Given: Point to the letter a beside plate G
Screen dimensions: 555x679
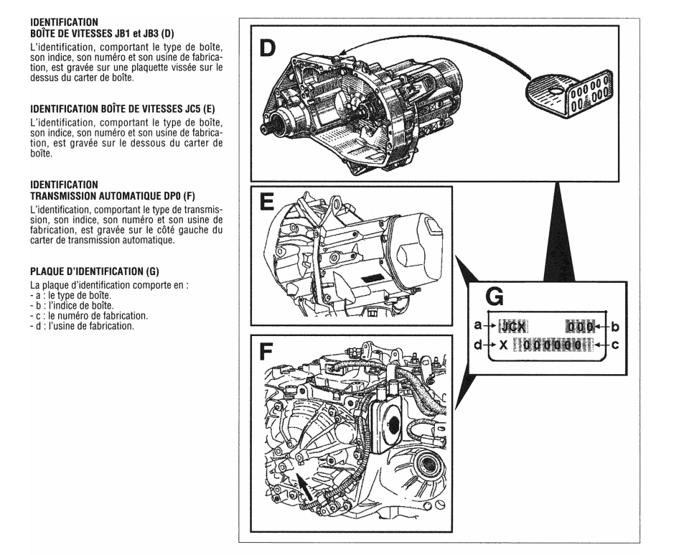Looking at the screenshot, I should (478, 326).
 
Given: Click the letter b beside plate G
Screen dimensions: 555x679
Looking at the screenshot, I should (614, 326).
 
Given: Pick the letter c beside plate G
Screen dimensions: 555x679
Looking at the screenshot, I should (614, 344).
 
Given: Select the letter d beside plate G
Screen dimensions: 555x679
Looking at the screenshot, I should (478, 344).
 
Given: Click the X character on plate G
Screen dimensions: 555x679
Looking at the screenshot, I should (504, 345).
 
